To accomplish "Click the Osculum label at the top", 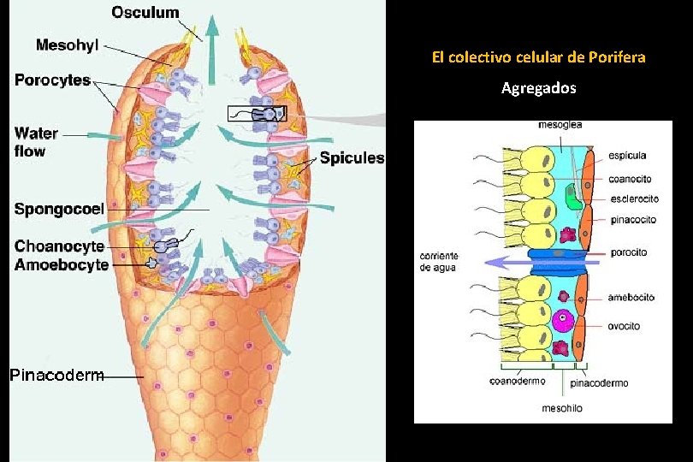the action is click(x=145, y=12).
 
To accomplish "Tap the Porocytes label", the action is click(x=52, y=80).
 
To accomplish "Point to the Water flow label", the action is click(x=36, y=142).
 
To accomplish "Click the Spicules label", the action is click(x=352, y=158).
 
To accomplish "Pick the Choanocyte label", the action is click(x=59, y=246).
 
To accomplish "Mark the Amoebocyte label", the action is click(x=62, y=264).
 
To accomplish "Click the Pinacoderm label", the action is click(x=56, y=375).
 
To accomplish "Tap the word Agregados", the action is click(x=539, y=88).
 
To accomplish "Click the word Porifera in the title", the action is click(x=618, y=58).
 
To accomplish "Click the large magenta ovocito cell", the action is click(x=562, y=321).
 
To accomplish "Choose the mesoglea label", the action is click(x=560, y=125).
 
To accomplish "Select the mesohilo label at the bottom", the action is click(x=562, y=409).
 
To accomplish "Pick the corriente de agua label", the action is click(x=440, y=262).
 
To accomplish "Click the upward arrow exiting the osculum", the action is click(x=211, y=34).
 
